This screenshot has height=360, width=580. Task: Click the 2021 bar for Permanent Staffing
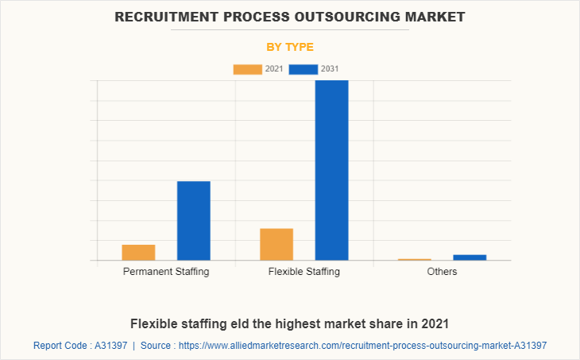138,252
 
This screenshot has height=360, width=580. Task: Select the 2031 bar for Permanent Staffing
193,220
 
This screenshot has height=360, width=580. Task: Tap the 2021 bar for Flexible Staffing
276,244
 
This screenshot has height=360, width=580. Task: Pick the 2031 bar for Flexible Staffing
331,170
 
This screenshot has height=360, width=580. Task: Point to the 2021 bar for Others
414,259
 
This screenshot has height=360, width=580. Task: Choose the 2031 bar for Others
470,257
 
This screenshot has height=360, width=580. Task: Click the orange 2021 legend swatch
247,69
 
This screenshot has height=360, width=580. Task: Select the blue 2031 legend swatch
303,69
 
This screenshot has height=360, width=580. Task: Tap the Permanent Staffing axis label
166,272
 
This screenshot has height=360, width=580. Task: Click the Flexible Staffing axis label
304,272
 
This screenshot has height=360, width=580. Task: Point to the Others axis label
442,272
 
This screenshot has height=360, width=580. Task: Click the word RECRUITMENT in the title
164,16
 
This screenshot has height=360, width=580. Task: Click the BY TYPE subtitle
290,47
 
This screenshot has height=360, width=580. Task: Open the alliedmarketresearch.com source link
362,346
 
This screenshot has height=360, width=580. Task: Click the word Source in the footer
157,346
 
